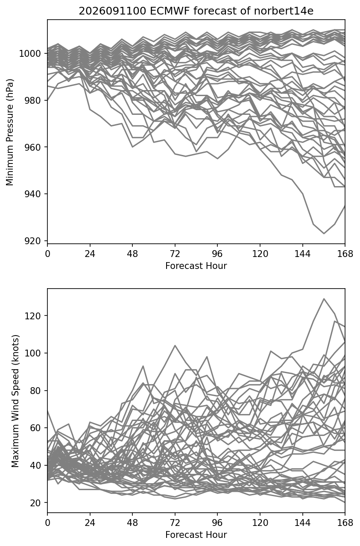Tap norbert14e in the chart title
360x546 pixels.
pos(284,11)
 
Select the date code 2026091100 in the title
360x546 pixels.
pos(112,11)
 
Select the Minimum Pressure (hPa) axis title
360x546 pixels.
pos(10,132)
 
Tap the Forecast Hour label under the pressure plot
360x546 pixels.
pos(196,266)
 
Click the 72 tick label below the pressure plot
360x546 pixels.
pos(175,254)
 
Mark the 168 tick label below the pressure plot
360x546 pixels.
pos(345,254)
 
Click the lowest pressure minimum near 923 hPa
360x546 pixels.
pos(324,234)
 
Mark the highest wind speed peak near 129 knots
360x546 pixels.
pos(324,298)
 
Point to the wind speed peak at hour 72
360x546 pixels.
pos(175,345)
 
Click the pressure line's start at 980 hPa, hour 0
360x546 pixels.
pos(47,100)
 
